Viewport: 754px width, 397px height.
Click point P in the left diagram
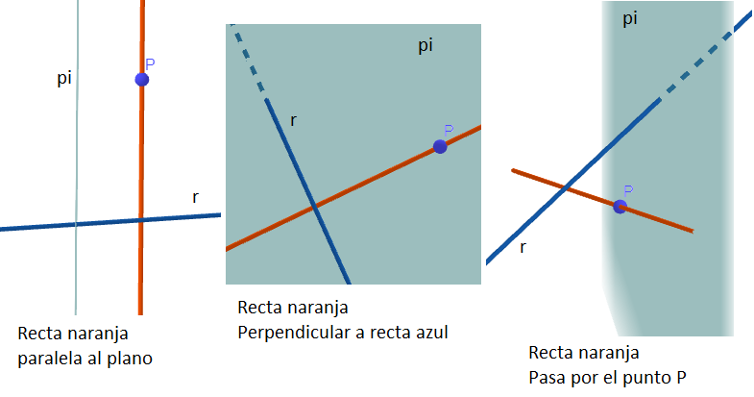tap(142, 80)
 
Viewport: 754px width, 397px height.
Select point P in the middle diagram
tap(440, 147)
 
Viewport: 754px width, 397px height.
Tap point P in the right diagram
tap(620, 207)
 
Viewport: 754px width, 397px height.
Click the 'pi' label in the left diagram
tap(64, 78)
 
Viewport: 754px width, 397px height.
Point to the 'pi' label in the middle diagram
tap(426, 46)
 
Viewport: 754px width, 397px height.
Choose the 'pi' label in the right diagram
tap(630, 19)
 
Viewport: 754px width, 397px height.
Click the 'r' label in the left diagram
tap(195, 197)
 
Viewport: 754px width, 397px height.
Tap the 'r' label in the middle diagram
tap(293, 121)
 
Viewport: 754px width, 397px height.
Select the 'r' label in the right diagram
tap(523, 248)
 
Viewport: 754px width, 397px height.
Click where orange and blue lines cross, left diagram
tap(141, 220)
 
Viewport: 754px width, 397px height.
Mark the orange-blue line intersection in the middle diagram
tap(314, 207)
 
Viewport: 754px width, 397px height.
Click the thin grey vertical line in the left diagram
tap(77, 158)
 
